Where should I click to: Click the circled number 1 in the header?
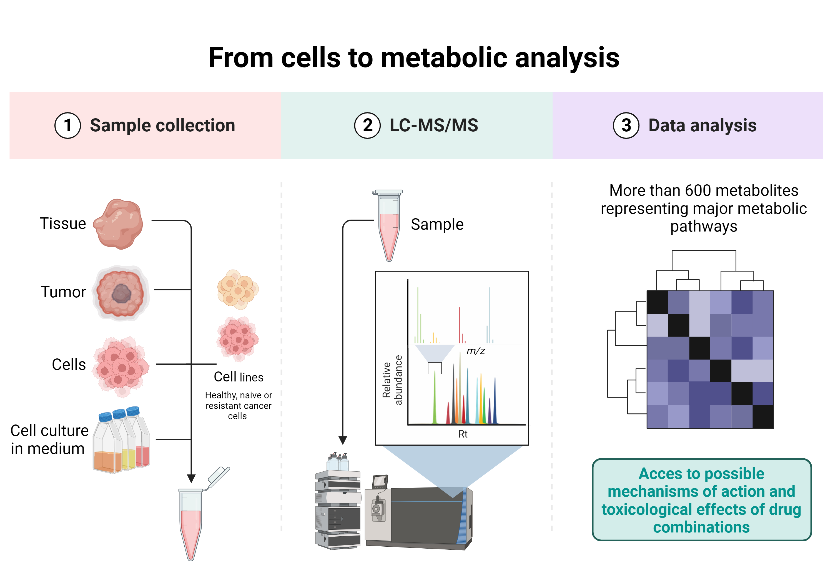pos(67,125)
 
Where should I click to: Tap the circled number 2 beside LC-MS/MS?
pos(367,125)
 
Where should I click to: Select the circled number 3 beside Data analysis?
pos(626,125)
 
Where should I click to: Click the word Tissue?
pos(63,223)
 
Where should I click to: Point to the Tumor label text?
pos(64,292)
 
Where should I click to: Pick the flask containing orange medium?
pos(107,450)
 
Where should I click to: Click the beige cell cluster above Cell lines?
pos(238,289)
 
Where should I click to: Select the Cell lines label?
pos(238,377)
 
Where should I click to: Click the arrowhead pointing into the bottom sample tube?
pos(191,478)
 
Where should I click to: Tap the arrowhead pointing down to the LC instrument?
pos(342,440)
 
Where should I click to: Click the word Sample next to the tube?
pos(437,224)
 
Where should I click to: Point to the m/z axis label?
pos(475,351)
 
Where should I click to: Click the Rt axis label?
pos(463,434)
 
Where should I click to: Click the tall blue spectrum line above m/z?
pos(490,314)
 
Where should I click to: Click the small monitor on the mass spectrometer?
pos(380,482)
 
